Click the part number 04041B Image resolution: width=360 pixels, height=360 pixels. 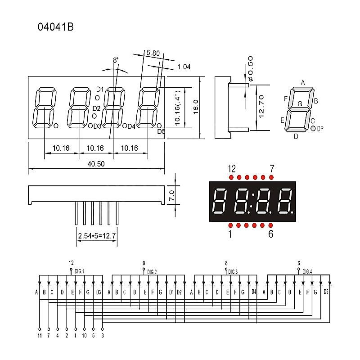pyautogui.click(x=55, y=27)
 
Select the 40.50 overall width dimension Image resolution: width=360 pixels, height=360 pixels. pyautogui.click(x=96, y=164)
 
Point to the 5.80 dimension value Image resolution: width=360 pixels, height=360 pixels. pyautogui.click(x=153, y=53)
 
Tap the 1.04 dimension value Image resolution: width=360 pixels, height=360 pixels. pyautogui.click(x=184, y=67)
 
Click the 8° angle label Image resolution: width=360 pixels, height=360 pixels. pyautogui.click(x=116, y=60)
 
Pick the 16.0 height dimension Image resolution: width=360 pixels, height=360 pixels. pyautogui.click(x=195, y=107)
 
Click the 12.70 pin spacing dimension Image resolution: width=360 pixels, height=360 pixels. pyautogui.click(x=261, y=107)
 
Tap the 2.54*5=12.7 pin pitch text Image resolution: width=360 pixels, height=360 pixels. pyautogui.click(x=97, y=236)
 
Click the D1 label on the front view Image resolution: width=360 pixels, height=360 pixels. pyautogui.click(x=100, y=89)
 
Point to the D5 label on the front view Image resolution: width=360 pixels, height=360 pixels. pyautogui.click(x=161, y=131)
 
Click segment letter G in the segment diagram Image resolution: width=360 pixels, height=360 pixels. pyautogui.click(x=300, y=104)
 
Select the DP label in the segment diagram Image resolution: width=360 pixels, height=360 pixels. pyautogui.click(x=320, y=129)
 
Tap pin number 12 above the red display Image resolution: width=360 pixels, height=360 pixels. pyautogui.click(x=232, y=169)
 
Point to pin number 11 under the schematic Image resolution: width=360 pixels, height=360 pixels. pyautogui.click(x=39, y=335)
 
